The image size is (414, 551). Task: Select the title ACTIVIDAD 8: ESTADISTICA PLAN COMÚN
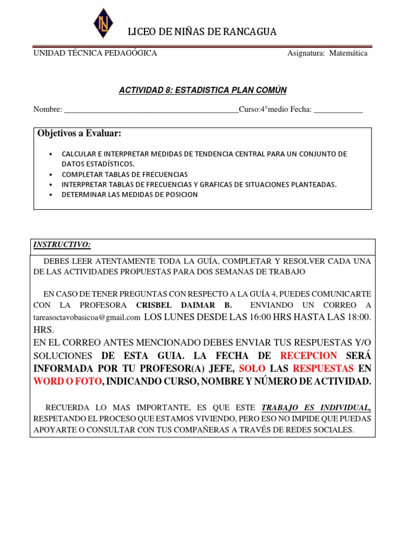click(x=203, y=90)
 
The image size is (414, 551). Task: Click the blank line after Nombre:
click(x=151, y=110)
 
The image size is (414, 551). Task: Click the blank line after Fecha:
click(x=338, y=110)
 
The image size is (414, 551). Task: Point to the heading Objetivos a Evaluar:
click(x=79, y=133)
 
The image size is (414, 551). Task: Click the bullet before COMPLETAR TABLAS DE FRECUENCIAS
click(x=51, y=175)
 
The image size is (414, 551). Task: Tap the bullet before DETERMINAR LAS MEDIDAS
click(x=51, y=195)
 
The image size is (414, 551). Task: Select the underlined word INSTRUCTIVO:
click(x=62, y=245)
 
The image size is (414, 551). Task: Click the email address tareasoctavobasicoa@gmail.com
click(x=87, y=317)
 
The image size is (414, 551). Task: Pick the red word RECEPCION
click(x=309, y=356)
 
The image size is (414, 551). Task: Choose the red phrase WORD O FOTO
click(x=67, y=382)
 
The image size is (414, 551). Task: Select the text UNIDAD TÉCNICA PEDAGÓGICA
click(x=95, y=53)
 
